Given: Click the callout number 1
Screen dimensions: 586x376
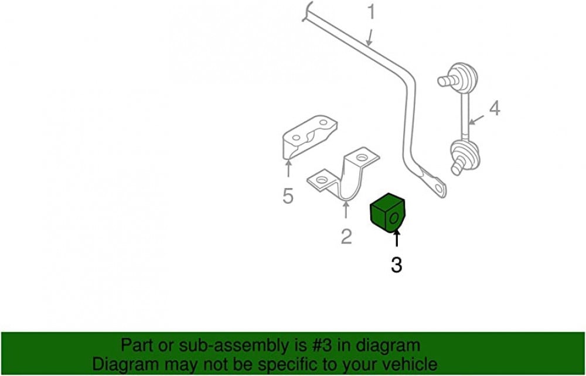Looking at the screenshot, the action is pyautogui.click(x=371, y=12).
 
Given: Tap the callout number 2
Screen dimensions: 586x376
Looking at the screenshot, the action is pyautogui.click(x=346, y=237).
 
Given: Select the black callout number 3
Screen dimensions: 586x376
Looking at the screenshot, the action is pyautogui.click(x=397, y=265).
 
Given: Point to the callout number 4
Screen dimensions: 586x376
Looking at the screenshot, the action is pyautogui.click(x=495, y=109).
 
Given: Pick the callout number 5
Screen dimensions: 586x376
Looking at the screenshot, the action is pyautogui.click(x=288, y=196).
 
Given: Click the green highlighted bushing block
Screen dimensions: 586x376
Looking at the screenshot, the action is pyautogui.click(x=387, y=213).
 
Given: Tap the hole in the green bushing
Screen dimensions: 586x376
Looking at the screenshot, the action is pyautogui.click(x=394, y=219).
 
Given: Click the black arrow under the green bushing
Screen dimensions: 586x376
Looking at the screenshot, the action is pyautogui.click(x=397, y=239).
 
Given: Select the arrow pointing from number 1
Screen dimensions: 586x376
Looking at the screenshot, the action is pyautogui.click(x=369, y=39).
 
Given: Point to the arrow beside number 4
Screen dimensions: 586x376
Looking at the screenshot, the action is pyautogui.click(x=476, y=120).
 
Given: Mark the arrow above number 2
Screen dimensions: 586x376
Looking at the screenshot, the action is pyautogui.click(x=346, y=210).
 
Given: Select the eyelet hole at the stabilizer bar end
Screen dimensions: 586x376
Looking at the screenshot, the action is pyautogui.click(x=439, y=189).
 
